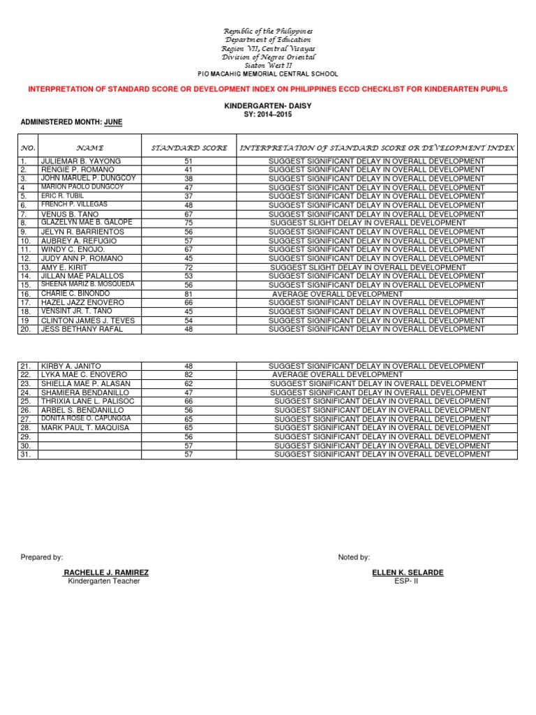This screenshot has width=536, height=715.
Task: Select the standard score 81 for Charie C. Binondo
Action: [188, 294]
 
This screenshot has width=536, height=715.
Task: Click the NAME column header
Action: [90, 148]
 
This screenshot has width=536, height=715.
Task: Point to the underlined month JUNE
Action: [112, 122]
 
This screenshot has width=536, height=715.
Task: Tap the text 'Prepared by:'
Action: [42, 557]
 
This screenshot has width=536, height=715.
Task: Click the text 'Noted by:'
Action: [354, 557]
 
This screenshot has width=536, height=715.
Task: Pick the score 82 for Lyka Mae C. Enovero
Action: [188, 375]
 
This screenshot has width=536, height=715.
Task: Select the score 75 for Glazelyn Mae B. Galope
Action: [188, 223]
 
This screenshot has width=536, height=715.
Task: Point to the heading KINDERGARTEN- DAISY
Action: [268, 105]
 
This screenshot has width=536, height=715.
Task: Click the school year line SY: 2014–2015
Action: [268, 114]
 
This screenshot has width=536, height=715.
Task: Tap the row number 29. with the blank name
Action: [25, 436]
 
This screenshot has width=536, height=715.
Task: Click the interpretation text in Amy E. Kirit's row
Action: [368, 267]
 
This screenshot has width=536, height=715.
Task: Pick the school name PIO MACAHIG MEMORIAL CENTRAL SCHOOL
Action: [268, 73]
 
